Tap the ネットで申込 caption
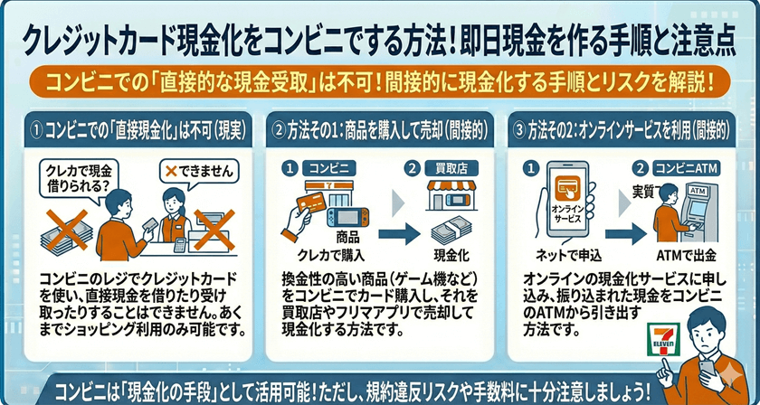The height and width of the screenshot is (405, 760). (x=565, y=253)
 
